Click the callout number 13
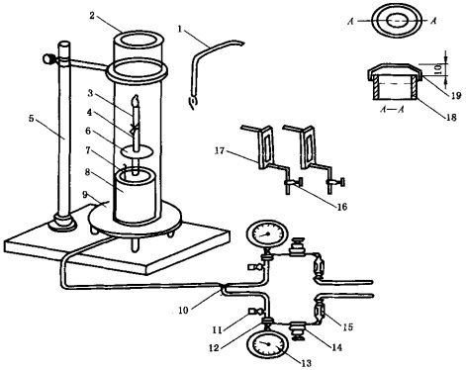click(x=306, y=363)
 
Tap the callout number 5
click(x=31, y=119)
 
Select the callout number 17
click(x=220, y=150)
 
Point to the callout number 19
click(x=456, y=96)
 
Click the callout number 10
click(x=183, y=310)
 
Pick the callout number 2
click(x=92, y=15)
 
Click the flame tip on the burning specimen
click(x=136, y=98)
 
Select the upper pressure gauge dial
click(x=267, y=234)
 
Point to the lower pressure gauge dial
click(x=267, y=344)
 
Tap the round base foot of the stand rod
click(x=62, y=224)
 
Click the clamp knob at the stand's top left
click(x=48, y=58)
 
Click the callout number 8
click(x=87, y=172)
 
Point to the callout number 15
click(x=347, y=326)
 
